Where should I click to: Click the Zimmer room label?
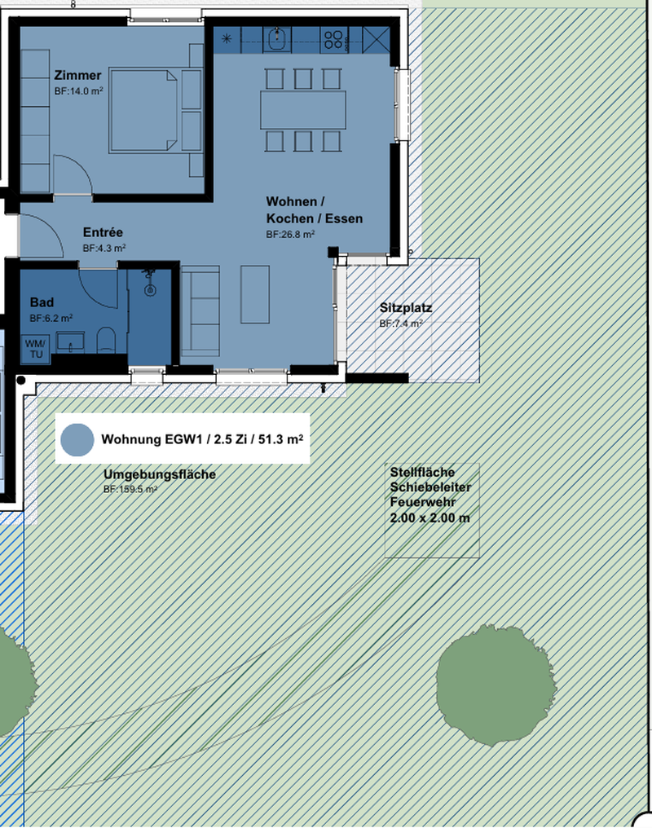click(77, 75)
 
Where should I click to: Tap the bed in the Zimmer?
click(143, 111)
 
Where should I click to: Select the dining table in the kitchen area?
click(303, 110)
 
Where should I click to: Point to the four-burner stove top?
click(333, 40)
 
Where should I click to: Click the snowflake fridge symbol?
click(227, 38)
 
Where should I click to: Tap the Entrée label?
click(103, 232)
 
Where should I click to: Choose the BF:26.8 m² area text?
click(290, 235)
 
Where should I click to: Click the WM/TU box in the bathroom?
click(35, 349)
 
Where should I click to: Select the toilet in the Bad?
click(106, 340)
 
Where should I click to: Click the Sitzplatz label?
click(405, 308)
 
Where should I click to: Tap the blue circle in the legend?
click(77, 440)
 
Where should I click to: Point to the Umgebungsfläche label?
click(160, 474)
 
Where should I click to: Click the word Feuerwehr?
click(422, 502)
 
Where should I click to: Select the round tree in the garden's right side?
click(496, 685)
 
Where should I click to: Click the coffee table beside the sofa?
click(255, 294)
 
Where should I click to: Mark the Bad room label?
click(42, 302)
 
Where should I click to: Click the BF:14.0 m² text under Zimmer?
click(79, 90)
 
